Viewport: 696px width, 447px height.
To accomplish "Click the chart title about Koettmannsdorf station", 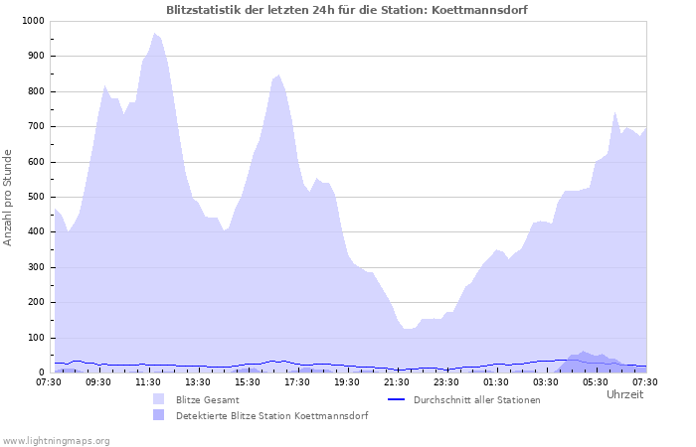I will [347, 10].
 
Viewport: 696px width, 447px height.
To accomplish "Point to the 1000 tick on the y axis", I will [32, 21].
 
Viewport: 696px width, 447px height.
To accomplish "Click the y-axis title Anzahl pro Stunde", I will [9, 197].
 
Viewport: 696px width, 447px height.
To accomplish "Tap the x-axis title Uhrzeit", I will [624, 395].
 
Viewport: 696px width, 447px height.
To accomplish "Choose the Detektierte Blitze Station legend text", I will [271, 416].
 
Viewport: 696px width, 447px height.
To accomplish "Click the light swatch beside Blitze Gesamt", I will [159, 399].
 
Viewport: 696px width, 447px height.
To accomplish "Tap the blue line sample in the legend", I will [397, 399].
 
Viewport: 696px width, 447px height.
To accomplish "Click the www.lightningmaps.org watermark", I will [56, 440].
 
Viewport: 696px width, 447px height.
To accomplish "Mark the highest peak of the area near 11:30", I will [154, 33].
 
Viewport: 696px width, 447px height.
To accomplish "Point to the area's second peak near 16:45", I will [278, 74].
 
